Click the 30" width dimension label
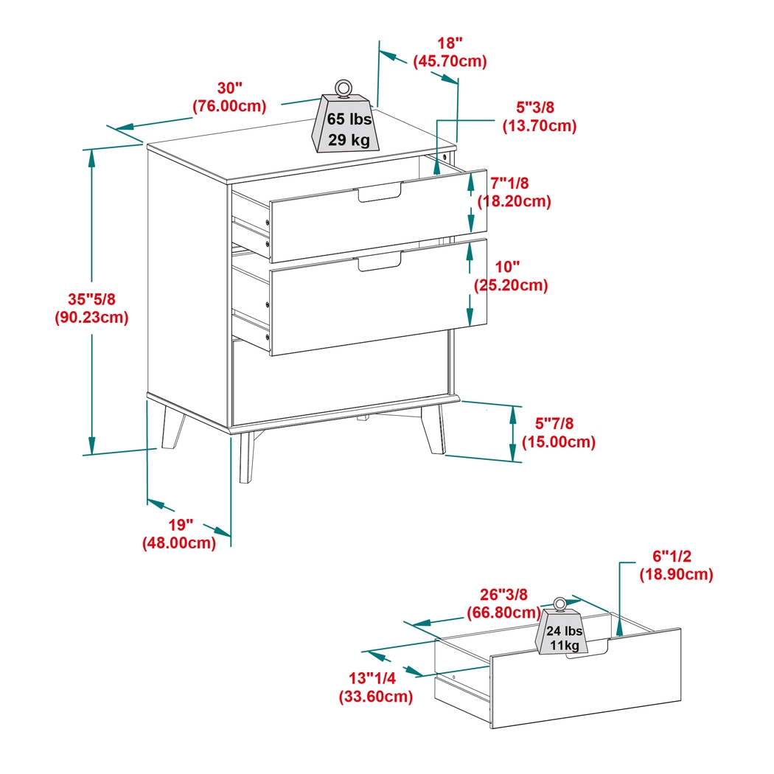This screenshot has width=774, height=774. point(229,97)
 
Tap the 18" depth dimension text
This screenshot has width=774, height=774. point(450,52)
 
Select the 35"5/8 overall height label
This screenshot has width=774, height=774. point(91,308)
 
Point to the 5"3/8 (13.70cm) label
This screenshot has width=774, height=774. point(539,116)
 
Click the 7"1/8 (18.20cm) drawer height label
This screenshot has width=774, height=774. point(514,191)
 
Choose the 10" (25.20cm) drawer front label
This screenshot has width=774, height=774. point(510,275)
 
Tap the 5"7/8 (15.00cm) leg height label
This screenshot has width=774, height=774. point(558,433)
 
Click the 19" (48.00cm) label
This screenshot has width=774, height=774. point(179,534)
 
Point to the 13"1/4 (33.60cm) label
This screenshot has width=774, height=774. point(375,686)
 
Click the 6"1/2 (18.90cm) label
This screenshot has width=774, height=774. point(675,565)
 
